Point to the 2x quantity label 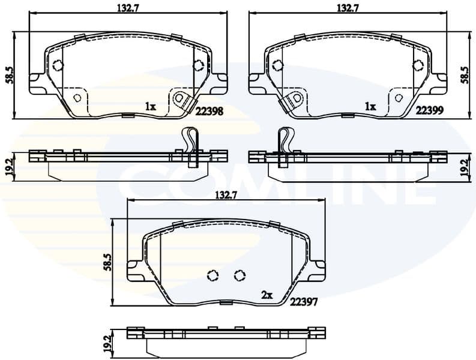pos(267,295)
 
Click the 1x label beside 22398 pos(150,107)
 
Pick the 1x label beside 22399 pos(370,107)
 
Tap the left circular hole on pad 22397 pos(212,275)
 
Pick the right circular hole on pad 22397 pos(240,275)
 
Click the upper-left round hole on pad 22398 pos(58,66)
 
